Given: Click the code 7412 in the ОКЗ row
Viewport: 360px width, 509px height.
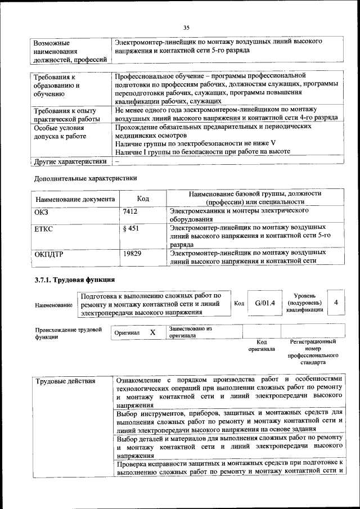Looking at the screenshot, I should [x=130, y=211].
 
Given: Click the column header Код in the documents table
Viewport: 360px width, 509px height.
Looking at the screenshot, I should [x=143, y=199].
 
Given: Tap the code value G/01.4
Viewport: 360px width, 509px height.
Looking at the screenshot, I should [x=264, y=303].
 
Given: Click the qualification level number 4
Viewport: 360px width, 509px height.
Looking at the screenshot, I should [x=336, y=303].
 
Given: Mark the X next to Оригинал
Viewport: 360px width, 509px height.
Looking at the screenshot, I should [x=152, y=332].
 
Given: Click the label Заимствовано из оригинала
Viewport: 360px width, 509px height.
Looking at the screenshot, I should [x=190, y=332].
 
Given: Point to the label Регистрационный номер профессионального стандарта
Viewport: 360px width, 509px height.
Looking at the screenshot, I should [x=313, y=352].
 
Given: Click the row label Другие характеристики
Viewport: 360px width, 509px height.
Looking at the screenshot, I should [x=70, y=161].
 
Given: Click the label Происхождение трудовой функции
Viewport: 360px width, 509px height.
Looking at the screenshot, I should [x=68, y=333].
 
